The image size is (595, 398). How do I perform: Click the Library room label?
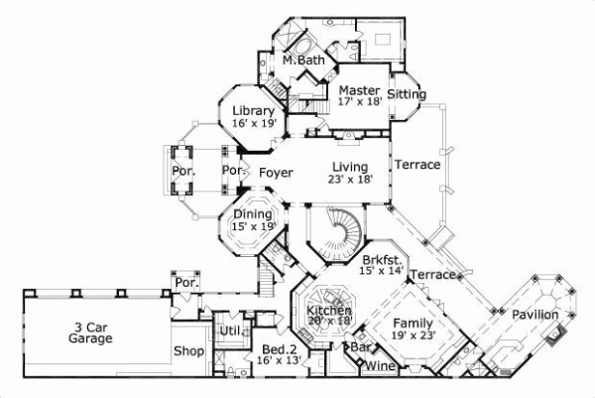[253, 110]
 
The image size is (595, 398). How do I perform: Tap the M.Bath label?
[302, 62]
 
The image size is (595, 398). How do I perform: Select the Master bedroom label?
[358, 90]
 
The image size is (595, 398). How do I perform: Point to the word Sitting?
[407, 94]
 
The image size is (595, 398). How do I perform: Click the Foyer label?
[276, 173]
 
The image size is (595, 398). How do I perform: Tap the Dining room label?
[252, 213]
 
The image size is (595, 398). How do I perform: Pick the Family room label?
[413, 324]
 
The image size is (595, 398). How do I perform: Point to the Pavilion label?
[535, 316]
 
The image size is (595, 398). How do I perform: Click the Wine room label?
[382, 367]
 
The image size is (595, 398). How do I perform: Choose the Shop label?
[188, 352]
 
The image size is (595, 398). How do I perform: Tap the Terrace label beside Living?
[416, 165]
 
